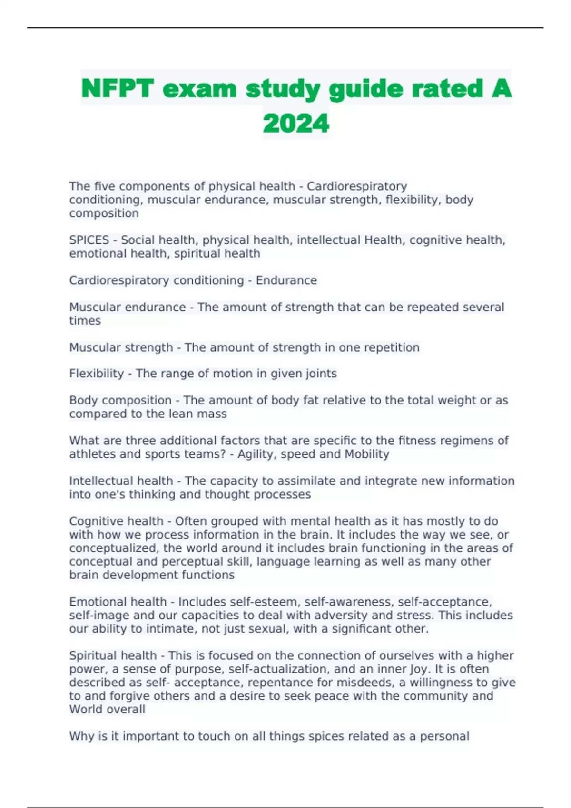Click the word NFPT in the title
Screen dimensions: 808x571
tap(118, 89)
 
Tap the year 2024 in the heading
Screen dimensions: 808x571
tap(295, 124)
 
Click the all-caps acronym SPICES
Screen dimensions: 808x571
tap(89, 240)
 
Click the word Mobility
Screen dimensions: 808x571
tap(367, 454)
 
